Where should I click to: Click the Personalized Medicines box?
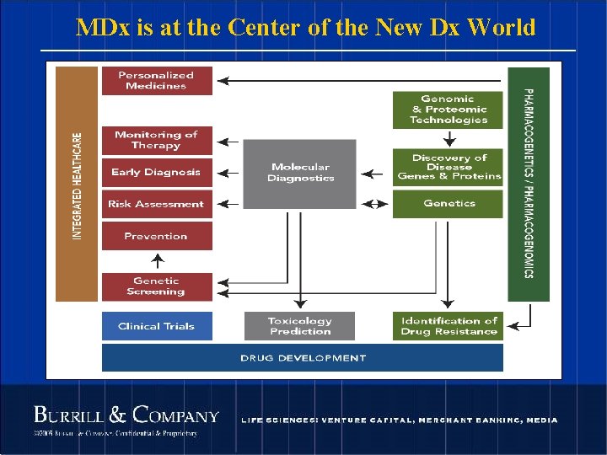coord(156,81)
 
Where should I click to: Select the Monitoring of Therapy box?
coord(156,140)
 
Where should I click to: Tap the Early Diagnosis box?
coord(156,172)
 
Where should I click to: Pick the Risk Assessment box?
coord(156,204)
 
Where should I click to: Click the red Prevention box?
coord(156,236)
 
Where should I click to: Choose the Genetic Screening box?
coord(156,286)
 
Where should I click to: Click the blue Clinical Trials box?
coord(156,326)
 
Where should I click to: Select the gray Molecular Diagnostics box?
coord(300,174)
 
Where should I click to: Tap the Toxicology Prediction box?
coord(300,326)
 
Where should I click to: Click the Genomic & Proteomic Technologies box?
coord(449,110)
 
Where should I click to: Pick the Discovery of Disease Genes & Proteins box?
coord(449,167)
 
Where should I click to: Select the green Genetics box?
coord(449,204)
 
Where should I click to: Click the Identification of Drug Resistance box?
coord(449,326)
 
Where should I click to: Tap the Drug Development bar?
coord(303,358)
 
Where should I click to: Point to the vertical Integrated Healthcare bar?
coord(77,184)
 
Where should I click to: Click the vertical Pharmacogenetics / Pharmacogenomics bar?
coord(529,184)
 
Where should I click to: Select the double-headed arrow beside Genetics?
coord(374,204)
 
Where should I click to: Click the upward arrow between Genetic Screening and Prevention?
coord(156,261)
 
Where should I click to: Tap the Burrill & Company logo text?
coord(126,415)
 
